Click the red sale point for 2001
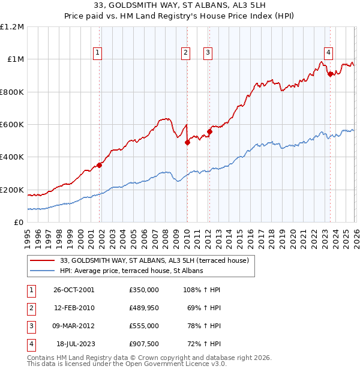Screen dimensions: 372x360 [x=100, y=166]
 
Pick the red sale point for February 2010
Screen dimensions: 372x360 [x=187, y=143]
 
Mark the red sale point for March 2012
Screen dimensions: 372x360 [x=209, y=132]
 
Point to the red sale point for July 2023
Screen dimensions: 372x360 [x=330, y=74]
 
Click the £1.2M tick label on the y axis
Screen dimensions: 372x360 [x=13, y=27]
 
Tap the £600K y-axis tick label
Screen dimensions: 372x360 [x=13, y=125]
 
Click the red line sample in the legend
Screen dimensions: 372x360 [x=43, y=260]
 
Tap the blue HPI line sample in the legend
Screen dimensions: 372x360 [x=43, y=271]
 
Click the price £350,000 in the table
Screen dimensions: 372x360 [x=143, y=290]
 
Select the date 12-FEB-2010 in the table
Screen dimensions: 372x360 [x=73, y=308]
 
